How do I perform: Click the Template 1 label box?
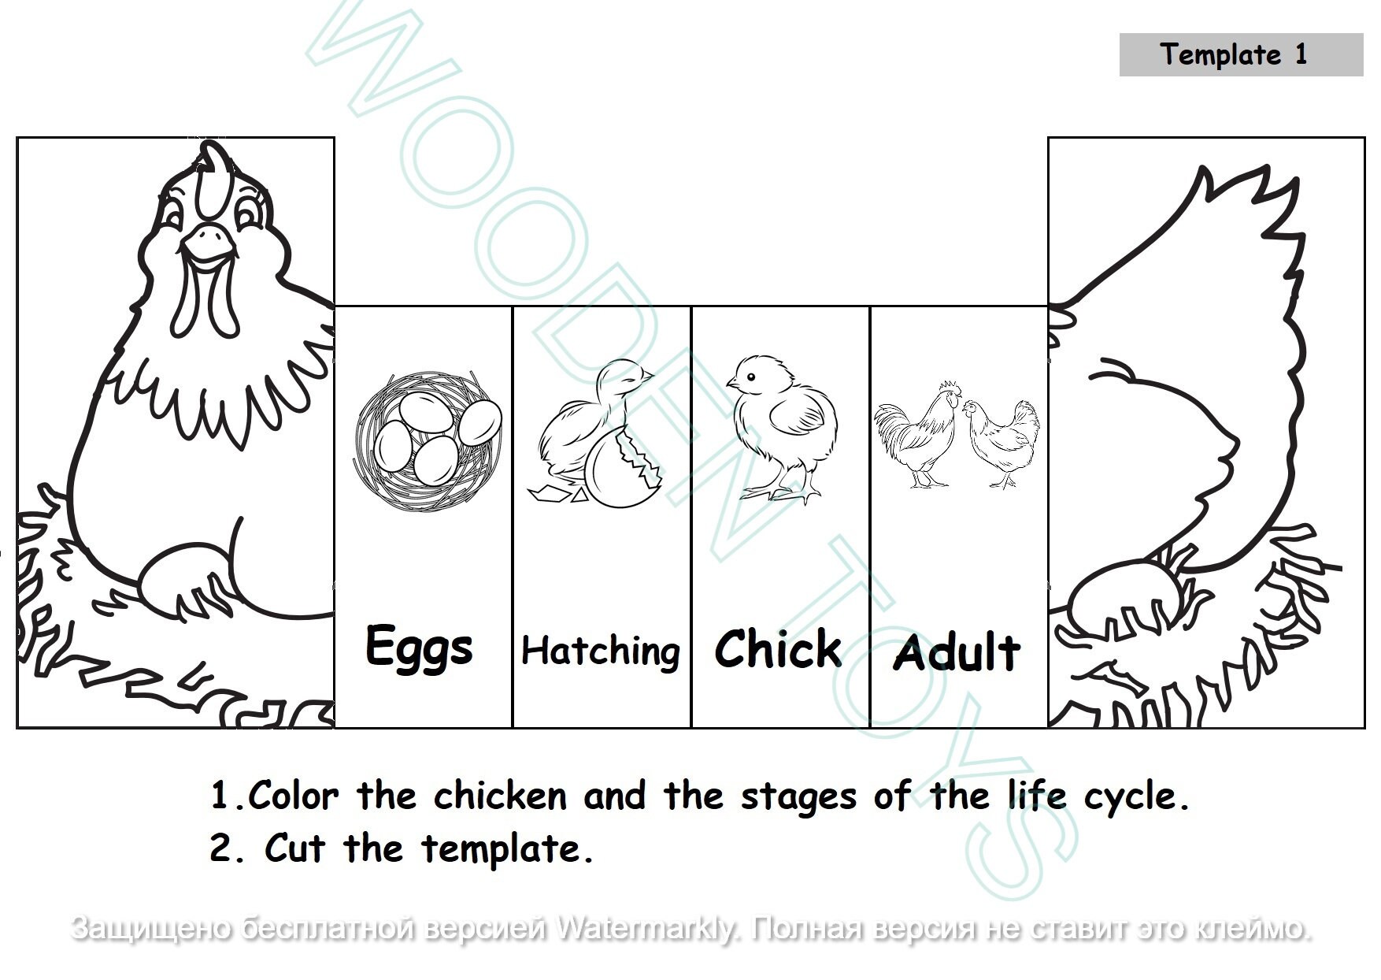1240,54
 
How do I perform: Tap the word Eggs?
419,648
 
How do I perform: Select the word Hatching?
601,652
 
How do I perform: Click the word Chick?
778,649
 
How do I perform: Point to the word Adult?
957,653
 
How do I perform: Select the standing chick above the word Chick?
779,425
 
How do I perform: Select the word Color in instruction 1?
293,796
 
